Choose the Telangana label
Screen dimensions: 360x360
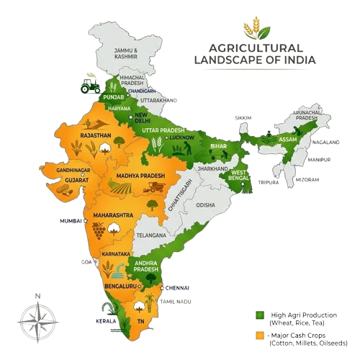coord(153,235)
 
